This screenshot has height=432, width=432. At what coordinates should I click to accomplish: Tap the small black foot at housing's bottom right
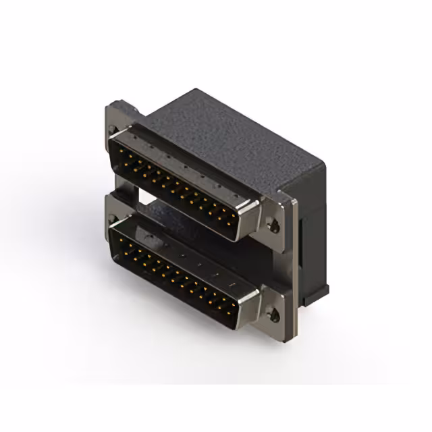tap(317, 292)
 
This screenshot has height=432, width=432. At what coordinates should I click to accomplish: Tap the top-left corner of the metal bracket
tap(108, 108)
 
